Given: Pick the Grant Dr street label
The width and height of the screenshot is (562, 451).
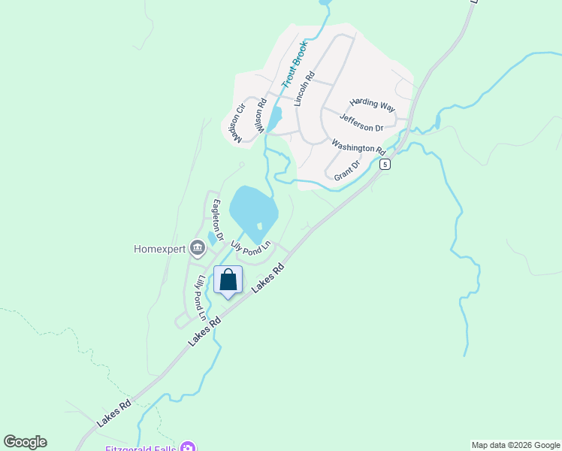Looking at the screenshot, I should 348,169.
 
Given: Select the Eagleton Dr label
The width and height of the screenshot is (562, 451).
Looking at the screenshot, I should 218,219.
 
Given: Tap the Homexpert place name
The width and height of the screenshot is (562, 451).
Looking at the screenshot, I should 159,249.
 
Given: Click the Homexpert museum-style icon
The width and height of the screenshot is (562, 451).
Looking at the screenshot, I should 198,247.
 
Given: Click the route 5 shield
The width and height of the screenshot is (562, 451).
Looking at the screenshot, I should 385,164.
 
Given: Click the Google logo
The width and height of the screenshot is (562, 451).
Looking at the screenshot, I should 25,442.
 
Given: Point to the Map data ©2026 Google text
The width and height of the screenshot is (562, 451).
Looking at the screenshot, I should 515,445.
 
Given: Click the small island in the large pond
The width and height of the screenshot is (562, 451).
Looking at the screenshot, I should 259,225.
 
